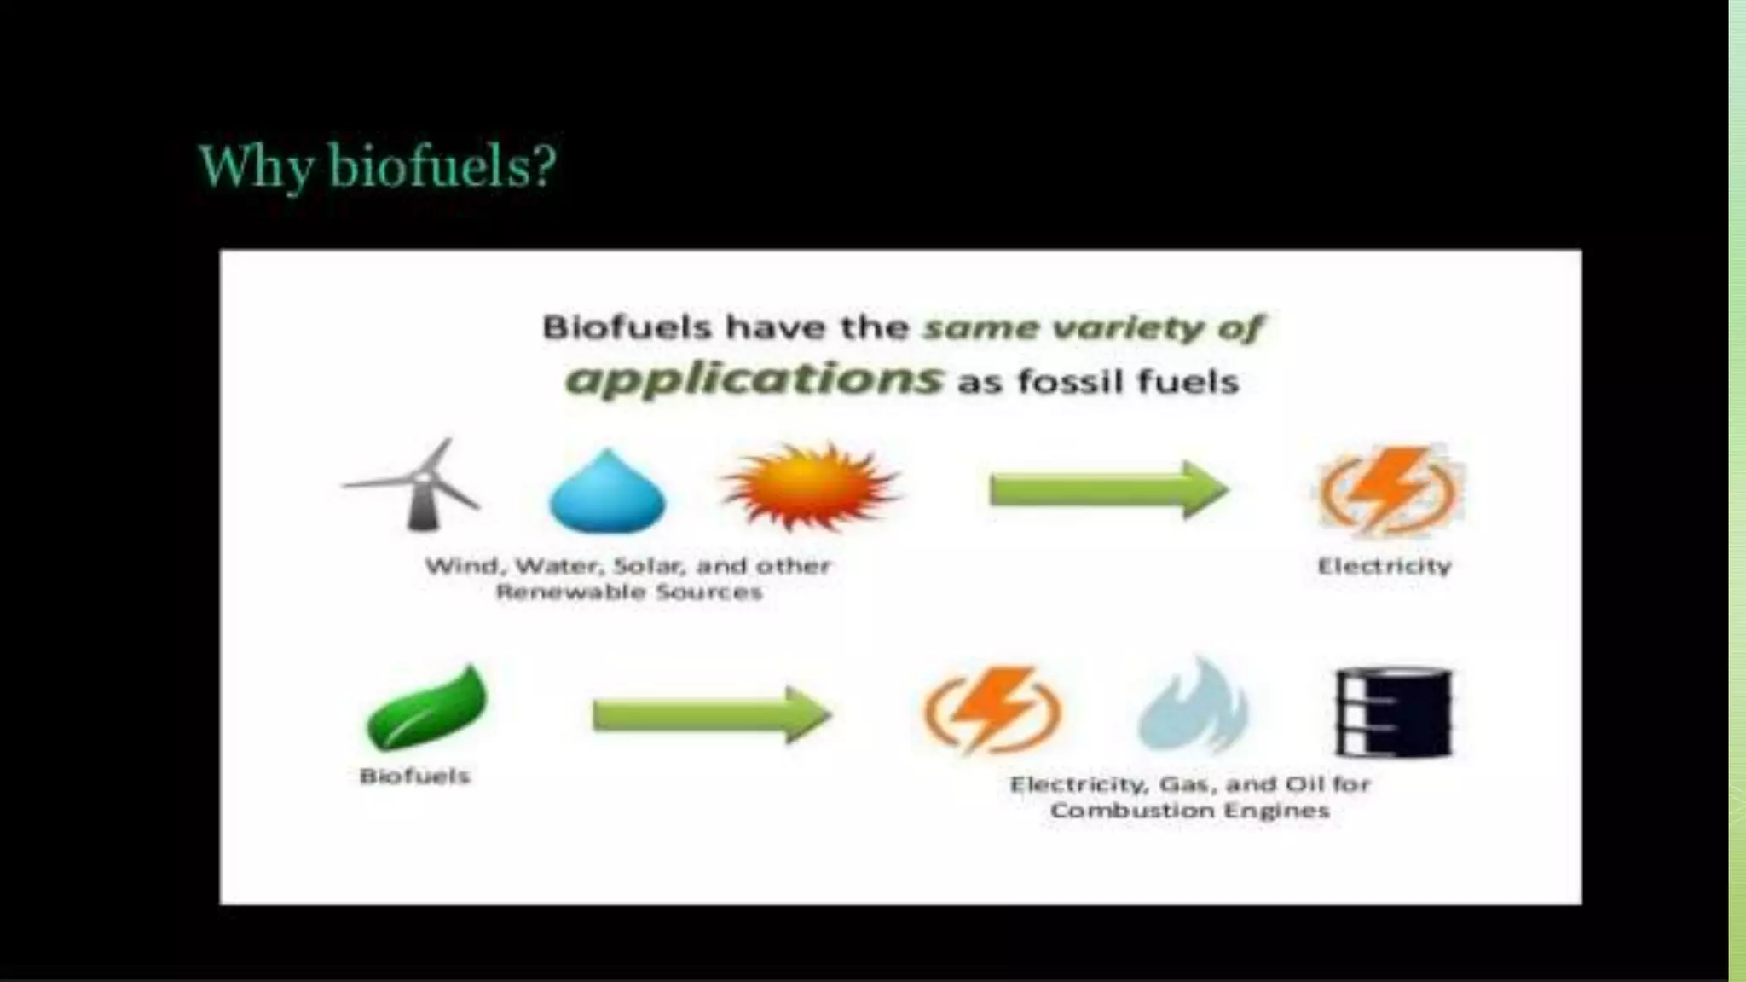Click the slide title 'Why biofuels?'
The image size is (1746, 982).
[377, 166]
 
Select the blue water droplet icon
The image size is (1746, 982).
[607, 493]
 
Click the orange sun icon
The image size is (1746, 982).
[810, 486]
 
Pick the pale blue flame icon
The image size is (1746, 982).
[1194, 708]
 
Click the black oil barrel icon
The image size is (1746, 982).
[1393, 713]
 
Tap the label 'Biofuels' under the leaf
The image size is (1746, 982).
[415, 776]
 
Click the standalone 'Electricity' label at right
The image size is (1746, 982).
[1384, 566]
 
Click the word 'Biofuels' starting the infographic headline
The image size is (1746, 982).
[627, 327]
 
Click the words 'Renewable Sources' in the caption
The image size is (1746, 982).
[629, 592]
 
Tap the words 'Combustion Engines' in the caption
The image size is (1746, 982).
[1189, 811]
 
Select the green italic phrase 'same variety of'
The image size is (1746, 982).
[1094, 327]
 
